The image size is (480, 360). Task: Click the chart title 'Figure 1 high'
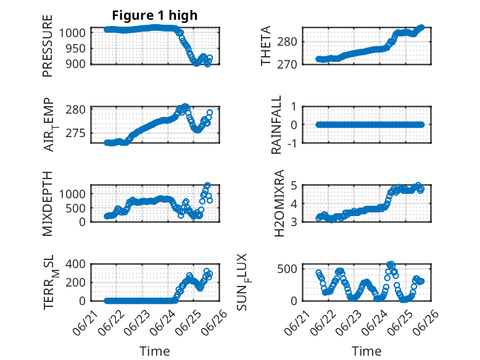[x=155, y=15]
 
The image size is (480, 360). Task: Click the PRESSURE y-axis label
[x=48, y=46]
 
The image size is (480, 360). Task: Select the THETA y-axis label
[x=266, y=46]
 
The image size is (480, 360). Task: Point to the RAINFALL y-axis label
[x=276, y=125]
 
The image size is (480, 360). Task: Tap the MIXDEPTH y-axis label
[x=48, y=204]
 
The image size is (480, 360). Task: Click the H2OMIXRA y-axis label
[x=279, y=203]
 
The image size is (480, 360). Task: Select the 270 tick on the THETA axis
[x=287, y=65]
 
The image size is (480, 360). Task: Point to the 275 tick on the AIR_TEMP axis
[x=76, y=133]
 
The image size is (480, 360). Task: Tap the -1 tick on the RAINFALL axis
[x=292, y=143]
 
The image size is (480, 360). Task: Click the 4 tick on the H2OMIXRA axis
[x=294, y=204]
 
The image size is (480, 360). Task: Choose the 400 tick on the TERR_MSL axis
[x=76, y=264]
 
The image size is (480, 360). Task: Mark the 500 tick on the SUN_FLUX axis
[x=287, y=269]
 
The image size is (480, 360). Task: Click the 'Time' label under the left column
[x=155, y=351]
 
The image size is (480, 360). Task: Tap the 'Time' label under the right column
[x=366, y=351]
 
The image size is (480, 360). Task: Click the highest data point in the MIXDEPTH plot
[x=207, y=185]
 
